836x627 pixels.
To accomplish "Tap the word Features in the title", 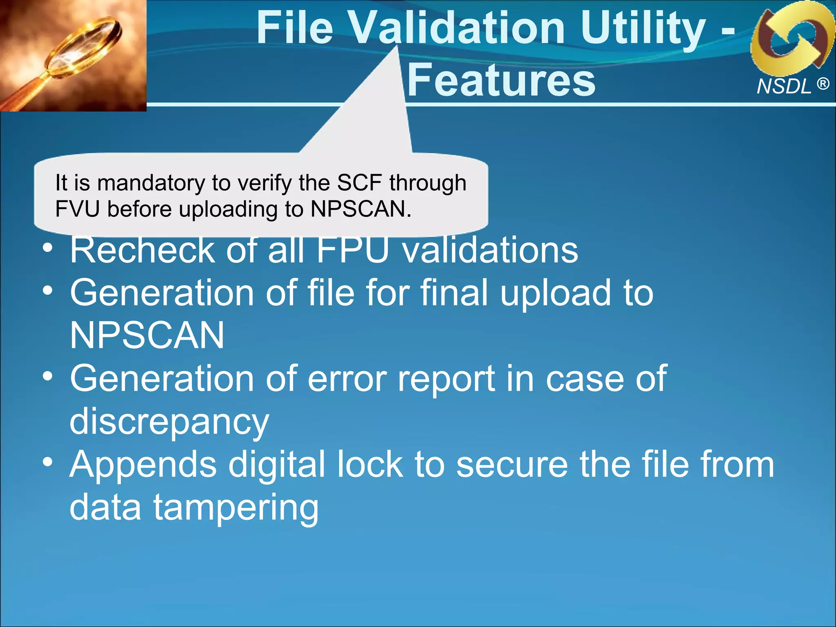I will click(501, 80).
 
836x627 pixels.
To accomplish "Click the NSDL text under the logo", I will click(784, 87).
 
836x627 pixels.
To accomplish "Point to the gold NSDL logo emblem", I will click(792, 39).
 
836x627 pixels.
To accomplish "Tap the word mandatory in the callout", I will click(151, 183).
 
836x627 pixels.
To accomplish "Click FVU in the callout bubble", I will click(77, 209).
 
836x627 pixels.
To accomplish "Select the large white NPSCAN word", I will click(147, 336).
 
